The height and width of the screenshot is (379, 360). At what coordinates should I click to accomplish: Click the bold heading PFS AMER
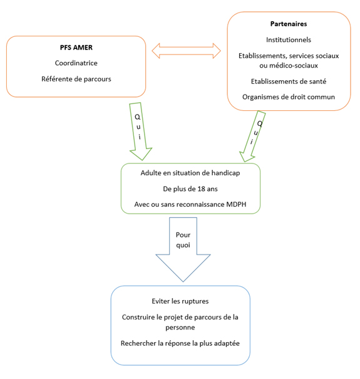(x=76, y=48)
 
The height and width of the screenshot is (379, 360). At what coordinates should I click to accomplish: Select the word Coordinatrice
(x=76, y=63)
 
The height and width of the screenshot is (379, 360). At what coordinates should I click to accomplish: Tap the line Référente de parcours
(x=76, y=79)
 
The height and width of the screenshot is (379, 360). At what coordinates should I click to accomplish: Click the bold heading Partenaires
(x=289, y=24)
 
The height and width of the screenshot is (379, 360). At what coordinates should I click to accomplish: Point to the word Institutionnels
(x=289, y=40)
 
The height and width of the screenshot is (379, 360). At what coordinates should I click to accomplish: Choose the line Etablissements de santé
(x=289, y=81)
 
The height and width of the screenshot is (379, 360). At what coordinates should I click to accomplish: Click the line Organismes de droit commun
(x=289, y=97)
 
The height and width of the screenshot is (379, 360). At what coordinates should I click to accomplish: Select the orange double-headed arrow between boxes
(x=187, y=51)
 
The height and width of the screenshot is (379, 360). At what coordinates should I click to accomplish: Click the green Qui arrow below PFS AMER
(x=140, y=132)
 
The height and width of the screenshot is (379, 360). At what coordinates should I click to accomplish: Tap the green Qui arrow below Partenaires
(x=253, y=136)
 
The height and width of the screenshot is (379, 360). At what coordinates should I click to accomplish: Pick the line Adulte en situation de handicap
(x=190, y=173)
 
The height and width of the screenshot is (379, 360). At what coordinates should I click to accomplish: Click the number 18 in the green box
(x=201, y=189)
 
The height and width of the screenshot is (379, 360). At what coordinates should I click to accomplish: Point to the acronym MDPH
(x=236, y=204)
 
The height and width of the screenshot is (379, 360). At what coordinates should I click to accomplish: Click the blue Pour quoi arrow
(x=183, y=249)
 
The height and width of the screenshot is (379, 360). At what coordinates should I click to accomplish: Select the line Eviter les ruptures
(x=180, y=301)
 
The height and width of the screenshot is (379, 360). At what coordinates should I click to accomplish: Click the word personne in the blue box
(x=180, y=328)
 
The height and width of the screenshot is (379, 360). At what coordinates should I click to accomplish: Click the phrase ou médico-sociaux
(x=289, y=66)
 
